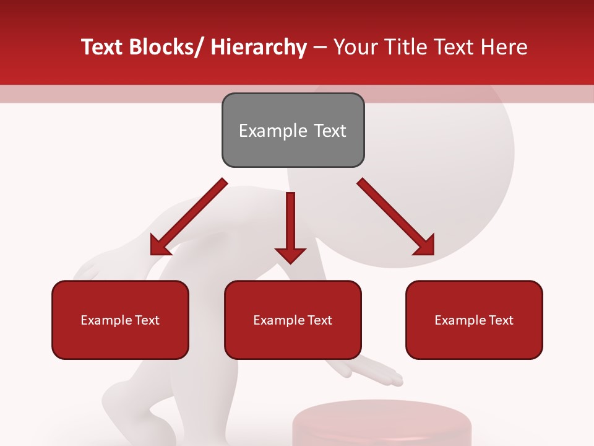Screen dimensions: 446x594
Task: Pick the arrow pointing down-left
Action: pyautogui.click(x=188, y=217)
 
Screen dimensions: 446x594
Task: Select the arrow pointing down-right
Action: pyautogui.click(x=396, y=217)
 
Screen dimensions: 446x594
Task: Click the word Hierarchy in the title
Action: pyautogui.click(x=259, y=48)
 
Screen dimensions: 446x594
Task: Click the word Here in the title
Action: pyautogui.click(x=504, y=48)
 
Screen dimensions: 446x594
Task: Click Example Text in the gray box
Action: pyautogui.click(x=293, y=131)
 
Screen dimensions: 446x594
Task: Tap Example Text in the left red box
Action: pyautogui.click(x=120, y=320)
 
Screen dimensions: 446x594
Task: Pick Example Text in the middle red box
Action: pyautogui.click(x=293, y=320)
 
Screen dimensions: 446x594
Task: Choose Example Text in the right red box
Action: pyautogui.click(x=474, y=320)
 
